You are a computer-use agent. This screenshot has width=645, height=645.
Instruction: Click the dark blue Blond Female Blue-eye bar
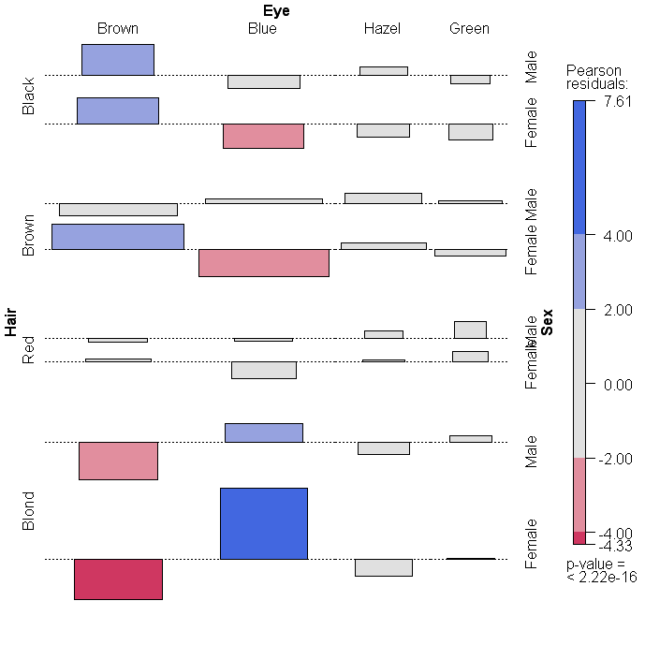point(263,523)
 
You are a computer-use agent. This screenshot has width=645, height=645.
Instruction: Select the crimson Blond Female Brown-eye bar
point(118,579)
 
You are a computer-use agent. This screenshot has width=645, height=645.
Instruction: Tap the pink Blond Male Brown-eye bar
point(118,461)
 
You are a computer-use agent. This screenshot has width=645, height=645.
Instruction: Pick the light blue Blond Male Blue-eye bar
point(263,432)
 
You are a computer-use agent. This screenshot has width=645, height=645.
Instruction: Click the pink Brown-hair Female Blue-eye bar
point(263,263)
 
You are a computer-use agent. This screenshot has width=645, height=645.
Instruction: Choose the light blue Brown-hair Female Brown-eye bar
point(118,237)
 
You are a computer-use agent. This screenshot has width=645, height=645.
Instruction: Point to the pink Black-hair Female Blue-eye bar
point(263,136)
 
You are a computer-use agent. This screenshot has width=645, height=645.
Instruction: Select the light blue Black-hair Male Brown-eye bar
point(118,60)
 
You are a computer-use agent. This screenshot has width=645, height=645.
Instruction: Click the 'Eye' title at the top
point(276,11)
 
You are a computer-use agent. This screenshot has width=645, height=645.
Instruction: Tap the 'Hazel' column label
point(382,29)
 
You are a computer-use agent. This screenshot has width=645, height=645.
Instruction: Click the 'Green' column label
point(469,29)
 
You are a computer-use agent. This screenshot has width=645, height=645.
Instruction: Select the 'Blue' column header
point(262,29)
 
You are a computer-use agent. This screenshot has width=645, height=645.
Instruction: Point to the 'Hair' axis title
point(11,323)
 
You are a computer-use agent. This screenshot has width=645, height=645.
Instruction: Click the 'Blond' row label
point(29,511)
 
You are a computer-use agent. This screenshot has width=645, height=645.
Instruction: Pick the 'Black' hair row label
point(29,96)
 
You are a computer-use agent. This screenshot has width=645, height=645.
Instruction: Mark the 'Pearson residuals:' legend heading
point(596,78)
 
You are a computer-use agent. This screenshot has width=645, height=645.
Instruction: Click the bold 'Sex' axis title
point(548,322)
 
